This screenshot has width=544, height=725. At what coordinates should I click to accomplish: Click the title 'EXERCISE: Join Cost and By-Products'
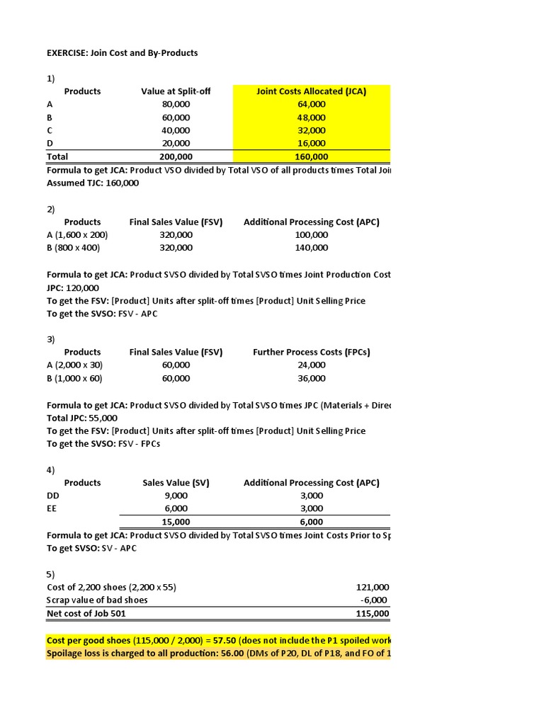122,52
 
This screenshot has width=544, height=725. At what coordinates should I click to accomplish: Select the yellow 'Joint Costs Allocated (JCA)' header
311,91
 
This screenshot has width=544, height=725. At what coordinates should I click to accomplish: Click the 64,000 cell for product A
312,104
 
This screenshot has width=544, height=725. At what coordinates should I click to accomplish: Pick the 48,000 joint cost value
312,118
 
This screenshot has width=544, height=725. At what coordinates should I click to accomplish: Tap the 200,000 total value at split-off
176,156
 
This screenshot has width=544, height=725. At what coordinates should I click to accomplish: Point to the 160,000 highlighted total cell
312,156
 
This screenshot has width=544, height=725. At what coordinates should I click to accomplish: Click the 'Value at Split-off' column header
176,91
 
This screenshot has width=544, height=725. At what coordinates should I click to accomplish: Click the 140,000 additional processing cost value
312,248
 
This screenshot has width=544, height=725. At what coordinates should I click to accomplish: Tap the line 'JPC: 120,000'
73,287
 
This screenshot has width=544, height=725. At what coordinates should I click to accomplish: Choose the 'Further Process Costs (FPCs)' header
312,352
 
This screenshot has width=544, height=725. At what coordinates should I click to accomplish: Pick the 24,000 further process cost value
312,365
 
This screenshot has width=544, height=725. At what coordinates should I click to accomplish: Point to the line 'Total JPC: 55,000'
82,418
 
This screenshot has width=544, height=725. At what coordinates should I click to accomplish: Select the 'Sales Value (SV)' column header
176,483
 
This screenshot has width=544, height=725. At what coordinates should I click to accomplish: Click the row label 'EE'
52,508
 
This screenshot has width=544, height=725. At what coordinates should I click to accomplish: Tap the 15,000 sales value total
176,522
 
